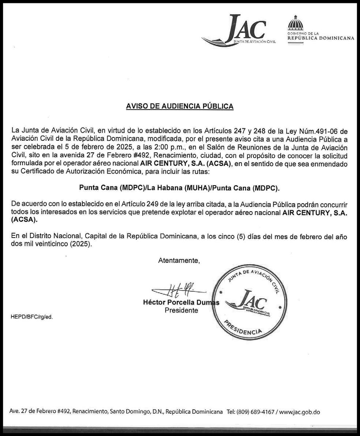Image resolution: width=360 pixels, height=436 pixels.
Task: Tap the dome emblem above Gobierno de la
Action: pos(296,23)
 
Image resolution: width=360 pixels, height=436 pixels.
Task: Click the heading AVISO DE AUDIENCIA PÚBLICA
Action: pos(180,106)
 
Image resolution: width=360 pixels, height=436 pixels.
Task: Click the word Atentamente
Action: pos(179,261)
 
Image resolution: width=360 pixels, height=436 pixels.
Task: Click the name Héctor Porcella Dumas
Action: pos(181,303)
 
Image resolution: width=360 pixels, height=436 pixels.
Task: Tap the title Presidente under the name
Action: pos(181,311)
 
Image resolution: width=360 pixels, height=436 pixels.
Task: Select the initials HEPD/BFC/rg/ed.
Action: pos(32,317)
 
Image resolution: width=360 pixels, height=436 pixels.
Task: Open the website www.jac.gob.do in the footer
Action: pos(300,412)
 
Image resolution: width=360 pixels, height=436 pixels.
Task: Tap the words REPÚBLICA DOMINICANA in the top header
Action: pos(321,38)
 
